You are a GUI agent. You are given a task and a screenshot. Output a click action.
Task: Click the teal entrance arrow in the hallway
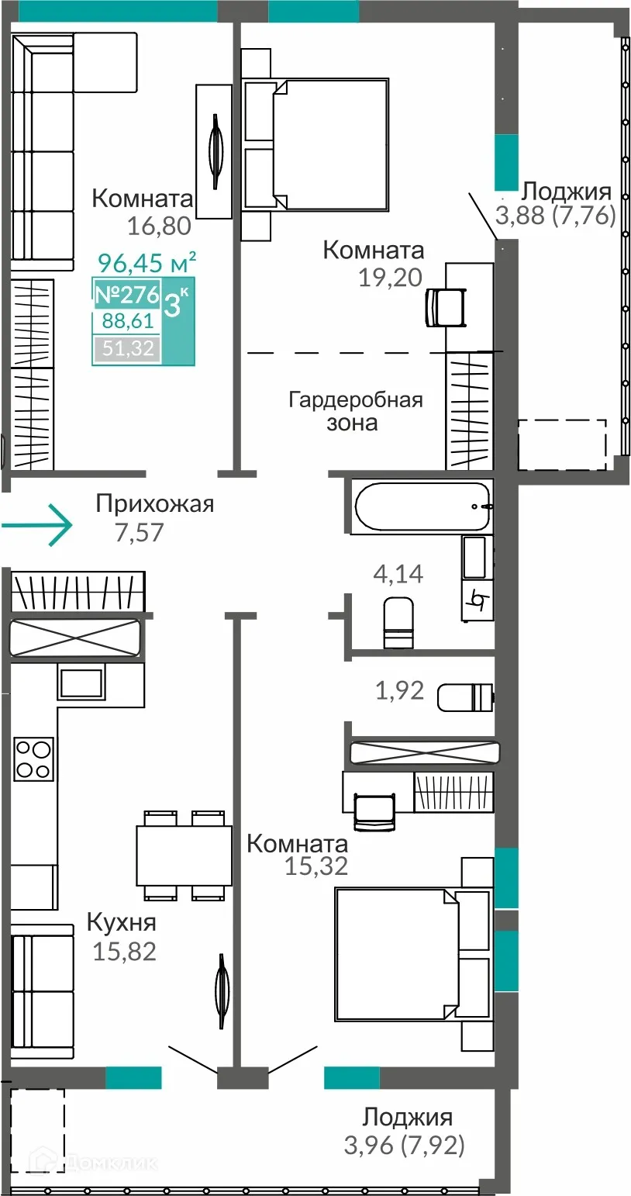tap(39, 526)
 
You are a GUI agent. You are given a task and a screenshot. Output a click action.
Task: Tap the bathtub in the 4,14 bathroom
tap(422, 506)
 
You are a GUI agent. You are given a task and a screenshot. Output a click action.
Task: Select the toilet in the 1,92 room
tap(464, 697)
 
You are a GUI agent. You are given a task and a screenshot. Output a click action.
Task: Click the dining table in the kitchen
tap(184, 856)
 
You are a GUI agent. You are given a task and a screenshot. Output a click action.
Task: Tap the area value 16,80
tap(160, 226)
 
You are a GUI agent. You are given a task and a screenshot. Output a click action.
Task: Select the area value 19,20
tap(391, 278)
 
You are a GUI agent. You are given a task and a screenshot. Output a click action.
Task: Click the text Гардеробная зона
tap(355, 411)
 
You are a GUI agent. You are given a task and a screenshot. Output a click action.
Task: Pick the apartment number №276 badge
tap(126, 295)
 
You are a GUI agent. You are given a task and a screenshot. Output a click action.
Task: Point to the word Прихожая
tap(154, 504)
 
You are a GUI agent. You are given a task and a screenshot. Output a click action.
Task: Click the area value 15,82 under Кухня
tap(124, 951)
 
